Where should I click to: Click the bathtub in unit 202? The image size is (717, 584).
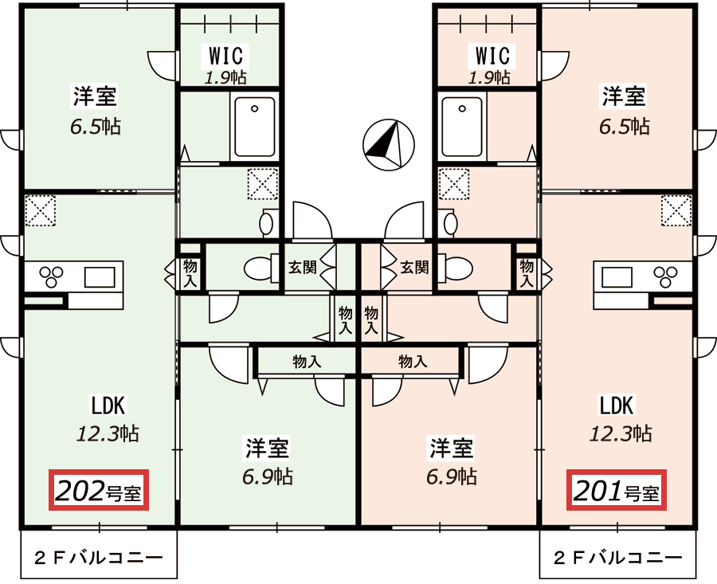pos(255,127)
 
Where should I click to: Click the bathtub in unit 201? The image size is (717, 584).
pos(463,127)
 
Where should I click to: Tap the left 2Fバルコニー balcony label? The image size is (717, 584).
pos(98,556)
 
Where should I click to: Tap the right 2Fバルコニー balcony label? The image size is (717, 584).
pos(618,556)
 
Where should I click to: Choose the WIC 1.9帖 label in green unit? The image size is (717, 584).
pos(228,65)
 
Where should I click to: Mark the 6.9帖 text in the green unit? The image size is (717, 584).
pos(268,476)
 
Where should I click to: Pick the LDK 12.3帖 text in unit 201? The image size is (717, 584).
pos(619,419)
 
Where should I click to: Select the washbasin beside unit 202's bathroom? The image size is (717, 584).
pos(268,221)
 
